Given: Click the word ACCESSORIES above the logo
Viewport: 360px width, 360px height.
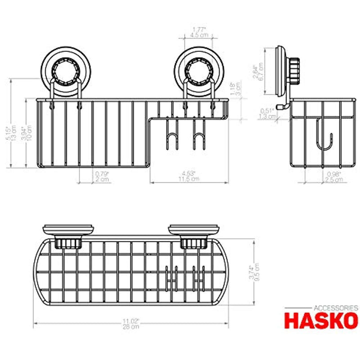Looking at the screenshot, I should tap(335, 308).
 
